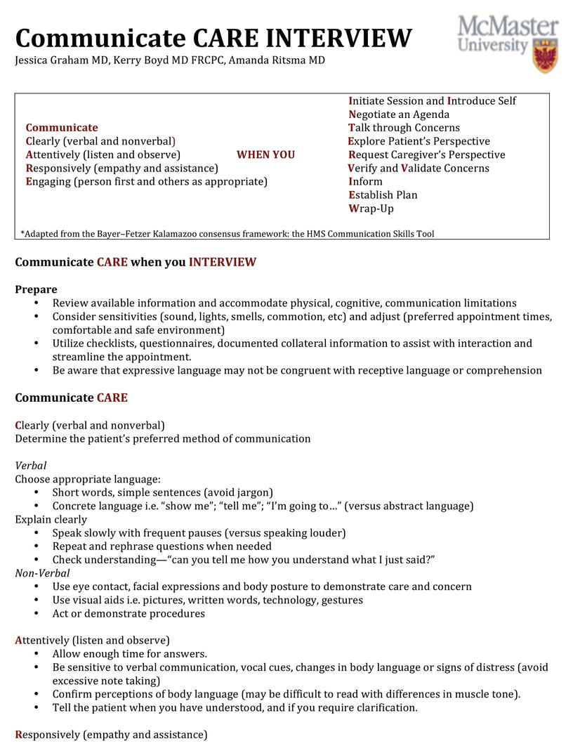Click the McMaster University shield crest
(545, 55)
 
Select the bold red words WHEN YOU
(265, 155)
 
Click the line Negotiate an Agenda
(399, 114)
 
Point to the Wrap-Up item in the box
(371, 209)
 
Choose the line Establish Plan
(383, 195)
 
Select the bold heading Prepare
(36, 289)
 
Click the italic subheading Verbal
(31, 466)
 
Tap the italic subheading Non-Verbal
(42, 573)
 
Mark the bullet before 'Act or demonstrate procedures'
(37, 614)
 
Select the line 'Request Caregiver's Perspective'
(426, 155)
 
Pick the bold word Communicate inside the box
(62, 128)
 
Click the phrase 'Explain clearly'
(51, 520)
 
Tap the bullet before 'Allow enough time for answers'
(37, 654)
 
